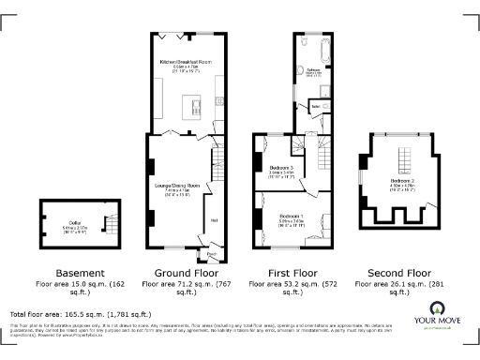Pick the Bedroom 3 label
pyautogui.click(x=281, y=167)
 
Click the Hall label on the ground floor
pyautogui.click(x=214, y=220)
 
